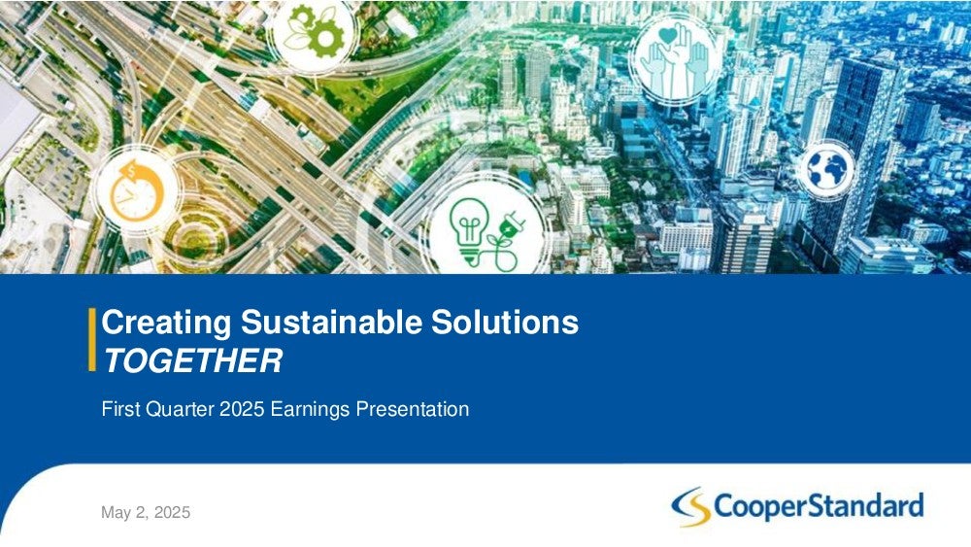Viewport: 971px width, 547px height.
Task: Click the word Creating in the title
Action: coord(167,324)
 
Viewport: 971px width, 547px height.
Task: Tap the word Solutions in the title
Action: coord(505,323)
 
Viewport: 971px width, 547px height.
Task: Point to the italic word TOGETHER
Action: coord(192,360)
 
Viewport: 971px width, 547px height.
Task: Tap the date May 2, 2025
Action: coord(146,513)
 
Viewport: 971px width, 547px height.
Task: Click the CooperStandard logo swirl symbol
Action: coord(691,507)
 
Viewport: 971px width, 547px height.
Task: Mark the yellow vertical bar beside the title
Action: coord(92,339)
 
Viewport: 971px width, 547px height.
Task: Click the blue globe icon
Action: coord(826,169)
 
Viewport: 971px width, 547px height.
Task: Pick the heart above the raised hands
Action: coord(668,36)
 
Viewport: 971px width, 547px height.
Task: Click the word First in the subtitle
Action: coord(120,409)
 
